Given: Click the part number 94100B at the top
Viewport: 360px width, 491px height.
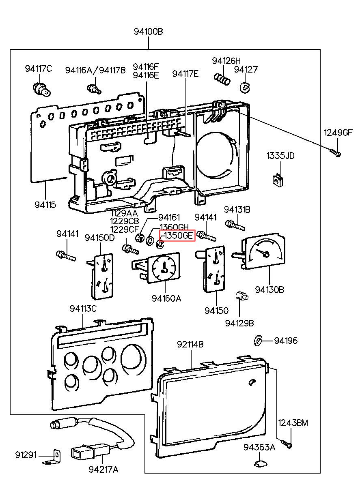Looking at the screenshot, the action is point(149,32).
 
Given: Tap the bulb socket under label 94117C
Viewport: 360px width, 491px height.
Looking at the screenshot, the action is point(42,90).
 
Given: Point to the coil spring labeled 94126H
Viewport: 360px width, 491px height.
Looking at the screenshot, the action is point(222,79).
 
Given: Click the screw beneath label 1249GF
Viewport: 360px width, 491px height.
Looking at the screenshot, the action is point(335,153).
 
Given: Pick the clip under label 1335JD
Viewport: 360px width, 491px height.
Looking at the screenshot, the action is point(278,180).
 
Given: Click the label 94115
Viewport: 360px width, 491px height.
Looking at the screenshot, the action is point(45,205).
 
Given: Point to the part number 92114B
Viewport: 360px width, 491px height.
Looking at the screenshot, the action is point(190,344).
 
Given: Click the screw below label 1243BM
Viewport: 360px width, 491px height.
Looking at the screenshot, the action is point(286,444).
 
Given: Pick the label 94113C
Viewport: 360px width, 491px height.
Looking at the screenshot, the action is point(83,309).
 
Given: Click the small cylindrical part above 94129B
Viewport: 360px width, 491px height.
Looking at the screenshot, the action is point(242,296).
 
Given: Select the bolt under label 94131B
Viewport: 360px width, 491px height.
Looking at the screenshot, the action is point(235,225).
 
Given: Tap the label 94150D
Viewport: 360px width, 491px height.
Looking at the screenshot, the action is point(100,238).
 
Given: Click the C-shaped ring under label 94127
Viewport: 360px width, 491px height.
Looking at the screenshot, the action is point(245,88).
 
